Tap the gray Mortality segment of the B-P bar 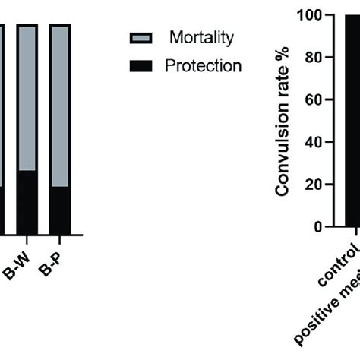click(60, 106)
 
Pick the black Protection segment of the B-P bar click(60, 210)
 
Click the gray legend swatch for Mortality click(142, 38)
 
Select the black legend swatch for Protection click(142, 66)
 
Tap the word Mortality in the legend click(201, 37)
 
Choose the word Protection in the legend click(203, 66)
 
